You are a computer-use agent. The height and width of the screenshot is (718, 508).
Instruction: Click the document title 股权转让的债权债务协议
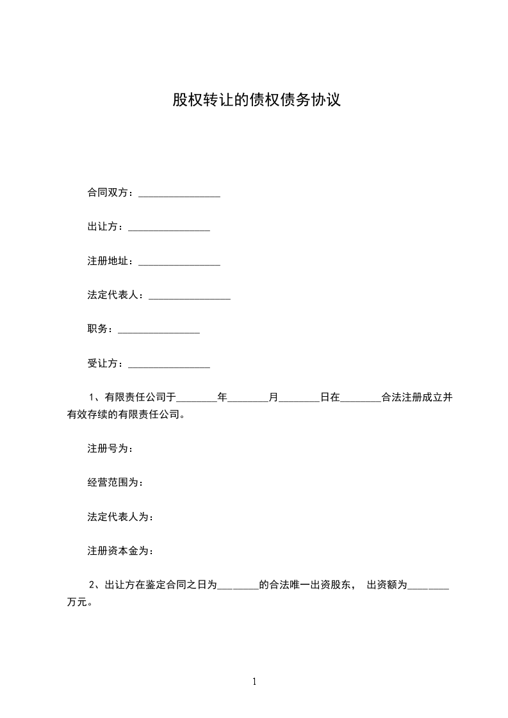256,100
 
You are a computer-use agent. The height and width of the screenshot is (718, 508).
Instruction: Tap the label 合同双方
110,193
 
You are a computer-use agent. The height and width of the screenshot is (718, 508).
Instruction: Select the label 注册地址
110,262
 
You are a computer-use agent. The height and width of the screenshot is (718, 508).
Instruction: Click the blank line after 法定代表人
189,297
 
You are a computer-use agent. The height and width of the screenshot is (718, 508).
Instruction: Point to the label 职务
100,330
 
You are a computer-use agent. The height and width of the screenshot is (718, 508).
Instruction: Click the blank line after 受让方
169,365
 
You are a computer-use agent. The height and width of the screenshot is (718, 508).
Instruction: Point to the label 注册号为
110,449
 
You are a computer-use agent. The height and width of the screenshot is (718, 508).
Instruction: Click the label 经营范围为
115,483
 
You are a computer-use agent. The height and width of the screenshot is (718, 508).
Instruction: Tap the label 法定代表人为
120,517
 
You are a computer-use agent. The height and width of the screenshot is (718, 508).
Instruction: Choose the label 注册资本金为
120,551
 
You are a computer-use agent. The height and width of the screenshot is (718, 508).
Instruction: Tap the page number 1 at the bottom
254,682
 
